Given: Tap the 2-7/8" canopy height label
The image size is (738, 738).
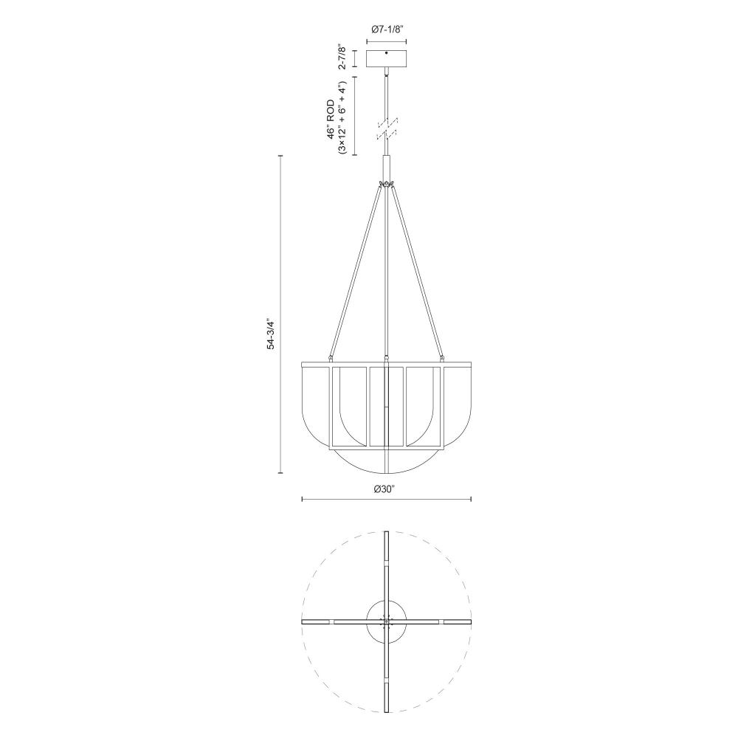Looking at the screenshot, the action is (342, 58).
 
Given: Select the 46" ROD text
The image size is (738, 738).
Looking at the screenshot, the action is (331, 119).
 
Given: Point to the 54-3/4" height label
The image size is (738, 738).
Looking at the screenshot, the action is (270, 334).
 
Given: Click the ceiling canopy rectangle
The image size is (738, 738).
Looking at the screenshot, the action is (387, 58).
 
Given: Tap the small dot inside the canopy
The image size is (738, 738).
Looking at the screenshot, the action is (387, 54).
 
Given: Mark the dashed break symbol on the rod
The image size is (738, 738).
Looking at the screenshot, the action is (387, 128).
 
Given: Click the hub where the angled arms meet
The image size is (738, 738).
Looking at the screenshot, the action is (387, 184).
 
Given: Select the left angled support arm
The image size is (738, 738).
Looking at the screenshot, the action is (355, 271).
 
